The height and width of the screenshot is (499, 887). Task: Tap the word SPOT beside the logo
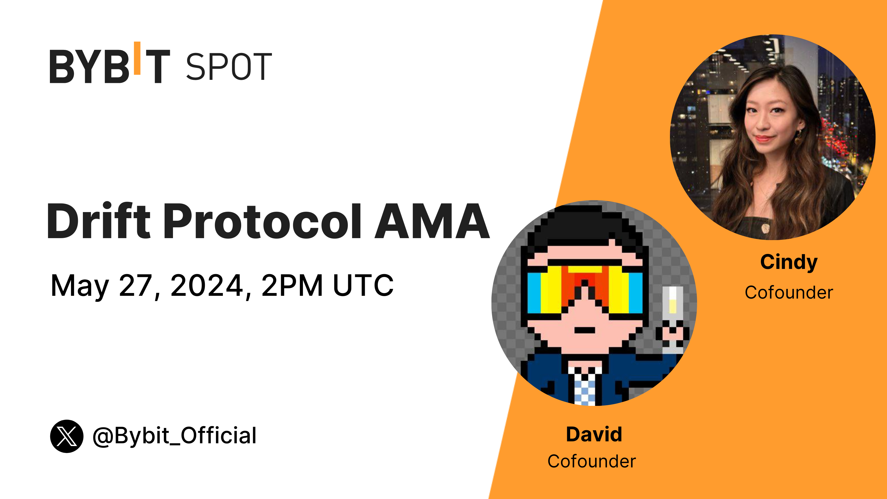(x=229, y=67)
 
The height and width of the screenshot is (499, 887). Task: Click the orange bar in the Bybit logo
(x=137, y=58)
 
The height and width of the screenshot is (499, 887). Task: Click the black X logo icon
(x=67, y=436)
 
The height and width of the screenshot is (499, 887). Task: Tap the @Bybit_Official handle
(x=175, y=436)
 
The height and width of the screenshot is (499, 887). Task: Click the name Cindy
(x=789, y=263)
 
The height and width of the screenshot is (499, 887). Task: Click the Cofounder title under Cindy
(x=789, y=293)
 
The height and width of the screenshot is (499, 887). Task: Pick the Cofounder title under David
(x=592, y=462)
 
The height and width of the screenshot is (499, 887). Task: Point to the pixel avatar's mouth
(x=585, y=330)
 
